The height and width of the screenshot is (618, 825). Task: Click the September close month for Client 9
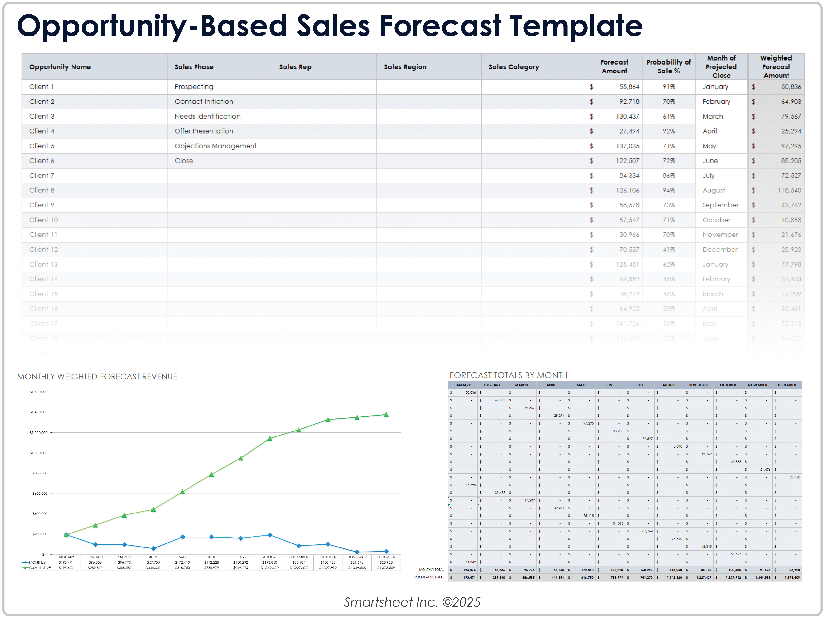click(x=720, y=205)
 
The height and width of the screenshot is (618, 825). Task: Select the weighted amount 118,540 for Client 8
click(x=789, y=190)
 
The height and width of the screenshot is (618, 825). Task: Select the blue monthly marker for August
click(x=270, y=535)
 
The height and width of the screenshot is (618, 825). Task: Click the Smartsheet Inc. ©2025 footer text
click(x=412, y=602)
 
